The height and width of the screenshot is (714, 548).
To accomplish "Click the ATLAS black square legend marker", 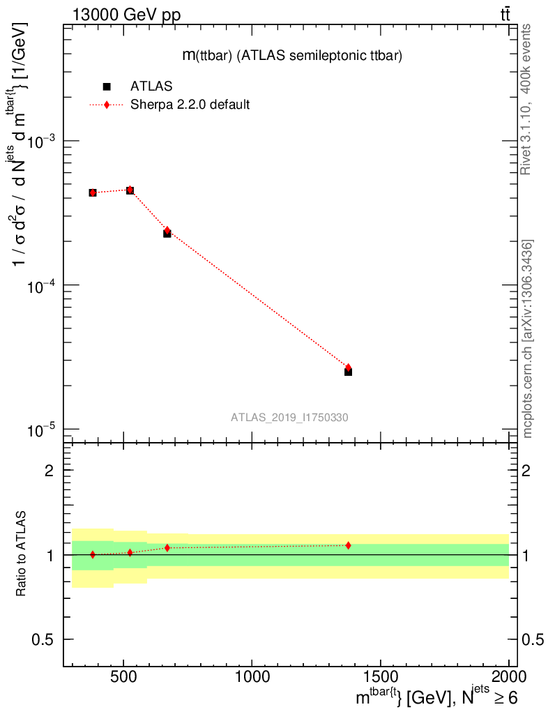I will point(107,86).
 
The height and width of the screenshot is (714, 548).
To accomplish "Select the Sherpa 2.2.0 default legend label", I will point(190,105).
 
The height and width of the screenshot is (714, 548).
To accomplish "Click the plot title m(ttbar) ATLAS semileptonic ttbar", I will point(291,56).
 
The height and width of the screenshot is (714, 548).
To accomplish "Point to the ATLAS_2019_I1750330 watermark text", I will point(289,417).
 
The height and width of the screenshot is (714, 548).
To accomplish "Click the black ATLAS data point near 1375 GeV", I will point(348,372).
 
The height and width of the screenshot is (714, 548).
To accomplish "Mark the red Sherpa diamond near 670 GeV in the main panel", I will point(167,230).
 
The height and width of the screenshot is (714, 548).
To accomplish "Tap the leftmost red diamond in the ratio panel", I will point(93,554).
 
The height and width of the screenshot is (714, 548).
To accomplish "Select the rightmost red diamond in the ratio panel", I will point(348,545).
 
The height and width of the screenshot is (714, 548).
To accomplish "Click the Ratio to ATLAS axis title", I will point(22,555).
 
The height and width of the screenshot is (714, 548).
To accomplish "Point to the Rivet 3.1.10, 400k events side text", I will point(527,99).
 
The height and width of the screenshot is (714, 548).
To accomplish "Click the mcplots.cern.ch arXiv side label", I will point(528,339).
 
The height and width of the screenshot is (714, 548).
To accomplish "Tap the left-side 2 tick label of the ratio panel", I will point(50,471).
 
